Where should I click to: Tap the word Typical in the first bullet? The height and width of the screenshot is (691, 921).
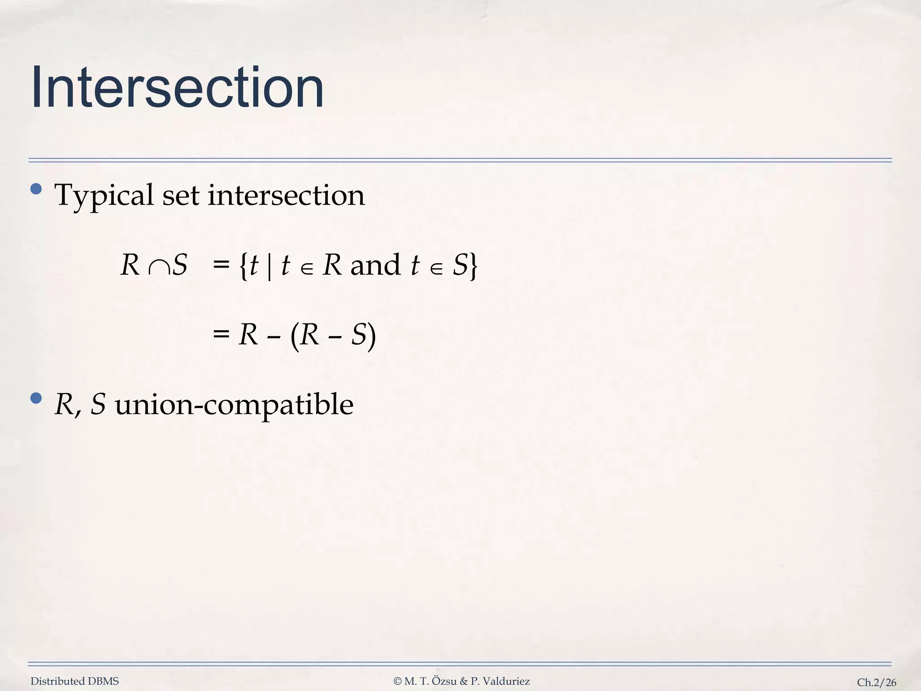point(104,196)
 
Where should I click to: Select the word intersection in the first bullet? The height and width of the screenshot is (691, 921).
point(286,195)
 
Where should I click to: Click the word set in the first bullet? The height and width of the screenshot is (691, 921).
point(180,196)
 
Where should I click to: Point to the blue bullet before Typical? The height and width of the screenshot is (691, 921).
point(36,189)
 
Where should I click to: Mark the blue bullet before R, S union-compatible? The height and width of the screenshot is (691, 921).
point(36,398)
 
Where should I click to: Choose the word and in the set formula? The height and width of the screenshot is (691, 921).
point(375,265)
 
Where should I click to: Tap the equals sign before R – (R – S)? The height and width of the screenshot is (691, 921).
point(221,334)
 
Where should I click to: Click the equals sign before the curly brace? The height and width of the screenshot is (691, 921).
point(221,265)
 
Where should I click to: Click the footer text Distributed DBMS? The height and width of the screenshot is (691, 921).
point(75,682)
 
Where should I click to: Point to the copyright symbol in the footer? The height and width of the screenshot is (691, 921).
point(398,682)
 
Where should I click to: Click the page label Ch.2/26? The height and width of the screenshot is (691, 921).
point(876,682)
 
